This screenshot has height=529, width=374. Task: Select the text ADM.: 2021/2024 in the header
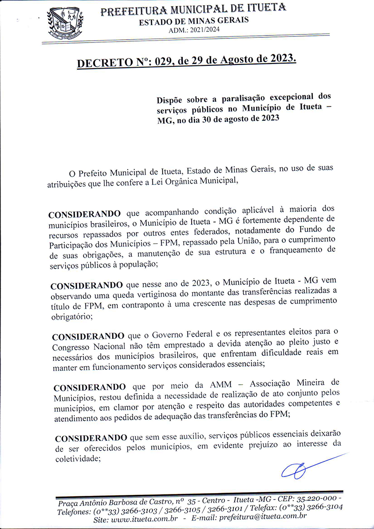pyautogui.click(x=194, y=30)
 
